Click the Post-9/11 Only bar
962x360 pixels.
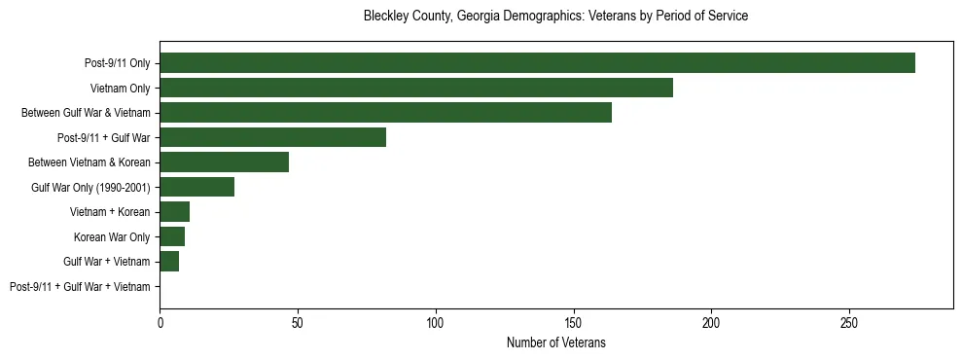tap(537, 63)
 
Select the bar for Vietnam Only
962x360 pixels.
tap(416, 88)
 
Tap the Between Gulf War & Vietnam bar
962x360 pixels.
tap(385, 113)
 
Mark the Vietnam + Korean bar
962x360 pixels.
tap(174, 212)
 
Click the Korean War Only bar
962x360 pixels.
tap(172, 236)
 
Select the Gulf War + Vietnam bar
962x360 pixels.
tap(169, 262)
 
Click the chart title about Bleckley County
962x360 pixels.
tap(555, 17)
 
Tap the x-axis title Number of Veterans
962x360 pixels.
tap(555, 342)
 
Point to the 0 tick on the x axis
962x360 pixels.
tap(160, 322)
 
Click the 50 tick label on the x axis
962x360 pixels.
tap(298, 322)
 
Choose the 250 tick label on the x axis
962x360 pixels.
tap(849, 322)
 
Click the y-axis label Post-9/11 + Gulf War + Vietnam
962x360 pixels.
tap(80, 287)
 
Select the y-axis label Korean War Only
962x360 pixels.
tap(112, 237)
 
